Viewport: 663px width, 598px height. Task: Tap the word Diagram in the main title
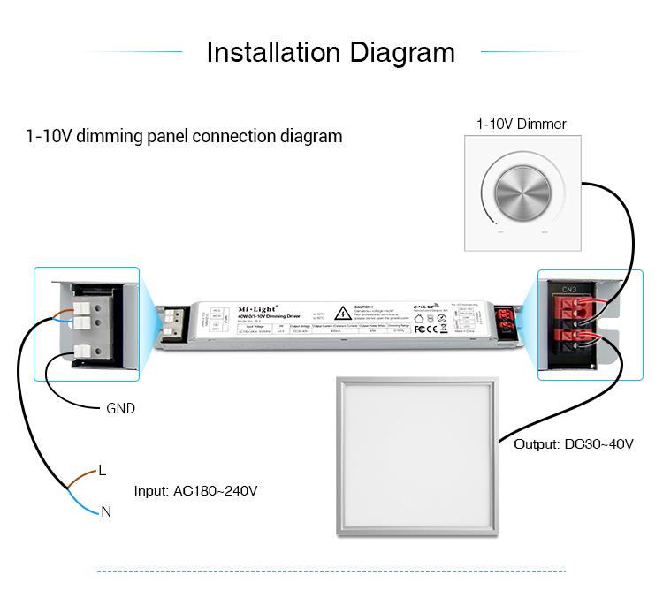click(x=402, y=52)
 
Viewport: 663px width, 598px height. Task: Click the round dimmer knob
click(x=520, y=189)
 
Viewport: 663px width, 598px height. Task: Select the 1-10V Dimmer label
click(x=521, y=125)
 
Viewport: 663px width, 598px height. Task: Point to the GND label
click(x=120, y=409)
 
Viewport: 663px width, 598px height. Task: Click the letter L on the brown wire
click(x=103, y=470)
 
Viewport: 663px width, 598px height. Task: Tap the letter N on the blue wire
click(x=106, y=511)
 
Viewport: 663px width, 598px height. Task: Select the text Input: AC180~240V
click(x=195, y=491)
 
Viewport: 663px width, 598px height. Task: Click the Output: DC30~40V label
click(x=574, y=443)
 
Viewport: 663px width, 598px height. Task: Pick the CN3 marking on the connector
click(x=568, y=288)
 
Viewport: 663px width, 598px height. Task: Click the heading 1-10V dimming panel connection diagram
click(x=184, y=137)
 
